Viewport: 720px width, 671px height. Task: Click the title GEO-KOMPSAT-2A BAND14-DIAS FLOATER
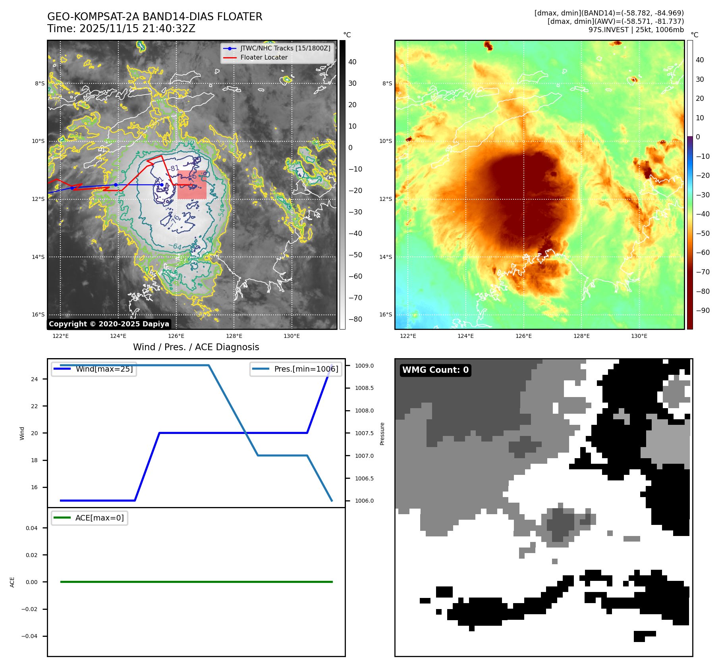point(154,17)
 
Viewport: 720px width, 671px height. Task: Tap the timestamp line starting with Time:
point(121,29)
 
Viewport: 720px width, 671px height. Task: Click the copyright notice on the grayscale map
point(109,324)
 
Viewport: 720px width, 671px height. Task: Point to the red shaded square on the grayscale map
point(192,185)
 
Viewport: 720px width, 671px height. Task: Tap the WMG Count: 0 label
point(435,370)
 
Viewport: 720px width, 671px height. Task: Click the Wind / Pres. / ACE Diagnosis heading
point(196,347)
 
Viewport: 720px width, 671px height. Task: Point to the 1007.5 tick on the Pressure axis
point(364,433)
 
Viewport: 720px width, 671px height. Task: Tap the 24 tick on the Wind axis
point(35,379)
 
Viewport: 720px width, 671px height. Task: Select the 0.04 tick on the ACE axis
point(32,528)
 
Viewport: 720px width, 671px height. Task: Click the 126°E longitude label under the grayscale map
point(176,336)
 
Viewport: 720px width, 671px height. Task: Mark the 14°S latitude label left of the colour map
point(385,257)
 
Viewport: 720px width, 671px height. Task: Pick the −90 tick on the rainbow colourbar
point(703,310)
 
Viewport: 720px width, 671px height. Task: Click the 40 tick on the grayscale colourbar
point(352,62)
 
